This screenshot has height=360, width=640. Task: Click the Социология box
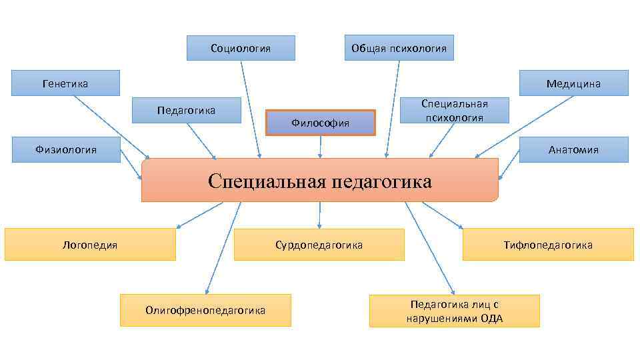[x=241, y=48]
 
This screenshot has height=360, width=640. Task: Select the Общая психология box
[x=399, y=48]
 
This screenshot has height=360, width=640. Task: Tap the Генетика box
[x=65, y=83]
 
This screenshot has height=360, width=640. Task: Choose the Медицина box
[x=573, y=83]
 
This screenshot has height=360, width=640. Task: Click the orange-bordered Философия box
[x=321, y=123]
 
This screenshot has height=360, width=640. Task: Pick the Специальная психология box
[x=454, y=110]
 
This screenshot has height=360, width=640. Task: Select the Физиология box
[x=65, y=149]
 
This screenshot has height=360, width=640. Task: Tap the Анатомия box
[x=573, y=149]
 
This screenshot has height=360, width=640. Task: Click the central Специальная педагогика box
[x=319, y=181]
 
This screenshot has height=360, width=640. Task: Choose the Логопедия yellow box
[x=90, y=245]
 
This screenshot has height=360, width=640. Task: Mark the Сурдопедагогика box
[x=319, y=245]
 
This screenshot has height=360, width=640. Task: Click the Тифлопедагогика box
[x=548, y=245]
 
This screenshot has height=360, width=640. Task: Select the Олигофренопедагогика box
[x=205, y=310]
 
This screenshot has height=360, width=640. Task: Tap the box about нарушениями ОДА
[x=454, y=311]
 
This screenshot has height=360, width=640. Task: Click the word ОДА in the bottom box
[x=492, y=318]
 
